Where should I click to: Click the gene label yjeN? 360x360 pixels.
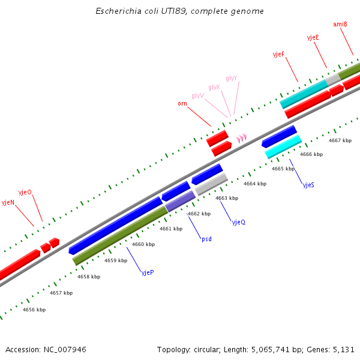click(8, 203)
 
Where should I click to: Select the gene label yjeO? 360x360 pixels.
click(25, 192)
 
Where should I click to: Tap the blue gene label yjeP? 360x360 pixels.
click(148, 272)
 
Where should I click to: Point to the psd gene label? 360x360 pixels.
click(206, 239)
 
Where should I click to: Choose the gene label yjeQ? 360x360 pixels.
click(239, 222)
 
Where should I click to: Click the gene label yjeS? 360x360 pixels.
click(308, 185)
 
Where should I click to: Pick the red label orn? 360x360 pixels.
click(182, 104)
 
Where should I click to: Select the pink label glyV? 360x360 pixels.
click(197, 96)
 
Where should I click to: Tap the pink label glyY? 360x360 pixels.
click(232, 79)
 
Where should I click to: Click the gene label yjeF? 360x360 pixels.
click(278, 55)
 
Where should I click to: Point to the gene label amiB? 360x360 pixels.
click(340, 25)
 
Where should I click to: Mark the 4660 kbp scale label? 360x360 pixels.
click(143, 244)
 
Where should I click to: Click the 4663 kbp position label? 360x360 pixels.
click(227, 198)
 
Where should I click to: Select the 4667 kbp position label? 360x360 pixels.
click(340, 140)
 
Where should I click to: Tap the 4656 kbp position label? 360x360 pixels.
click(34, 310)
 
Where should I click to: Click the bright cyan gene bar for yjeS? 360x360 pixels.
click(283, 147)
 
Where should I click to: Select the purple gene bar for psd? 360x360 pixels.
click(181, 201)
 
